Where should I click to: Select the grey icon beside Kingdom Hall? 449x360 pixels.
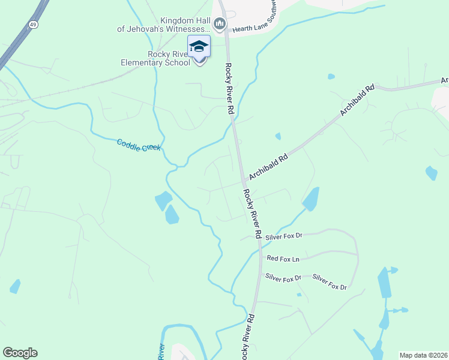(x=220, y=24)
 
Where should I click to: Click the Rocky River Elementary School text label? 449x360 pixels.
(x=155, y=57)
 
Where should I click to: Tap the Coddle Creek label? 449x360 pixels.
(x=139, y=145)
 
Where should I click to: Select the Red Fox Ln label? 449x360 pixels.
(x=283, y=259)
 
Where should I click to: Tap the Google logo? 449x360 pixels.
(x=20, y=353)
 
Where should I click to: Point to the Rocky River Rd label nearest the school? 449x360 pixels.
(x=229, y=89)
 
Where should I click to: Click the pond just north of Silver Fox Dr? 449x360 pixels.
(x=310, y=199)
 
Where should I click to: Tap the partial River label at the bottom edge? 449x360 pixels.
(x=161, y=351)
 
